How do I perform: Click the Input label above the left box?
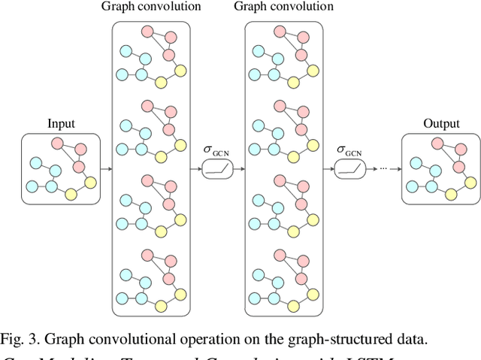coord(61,124)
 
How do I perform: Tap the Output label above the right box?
coord(440,124)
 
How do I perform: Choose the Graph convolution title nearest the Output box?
coord(284,7)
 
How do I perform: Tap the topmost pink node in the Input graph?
coord(58,143)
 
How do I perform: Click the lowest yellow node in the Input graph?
coord(71,195)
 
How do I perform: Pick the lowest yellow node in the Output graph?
coord(451,195)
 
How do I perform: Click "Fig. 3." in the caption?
coord(18,338)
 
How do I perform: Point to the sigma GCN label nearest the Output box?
coord(351,150)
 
